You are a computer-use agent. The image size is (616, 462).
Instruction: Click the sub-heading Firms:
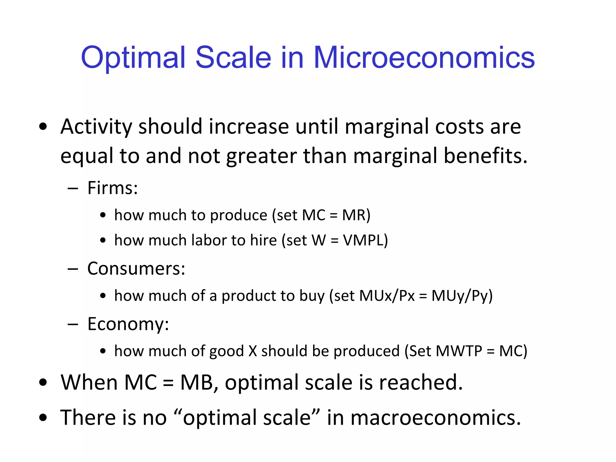click(112, 188)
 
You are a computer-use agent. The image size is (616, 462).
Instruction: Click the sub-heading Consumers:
click(136, 268)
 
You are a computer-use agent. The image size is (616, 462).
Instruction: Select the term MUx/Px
click(387, 296)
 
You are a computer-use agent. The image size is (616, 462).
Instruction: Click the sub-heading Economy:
click(128, 324)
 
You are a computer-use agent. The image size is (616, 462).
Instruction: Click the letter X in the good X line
click(253, 351)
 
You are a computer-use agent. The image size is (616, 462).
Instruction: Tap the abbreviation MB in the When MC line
click(196, 382)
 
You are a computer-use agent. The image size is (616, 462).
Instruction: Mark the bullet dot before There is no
click(43, 418)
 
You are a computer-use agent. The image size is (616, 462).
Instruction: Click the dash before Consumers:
click(73, 269)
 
